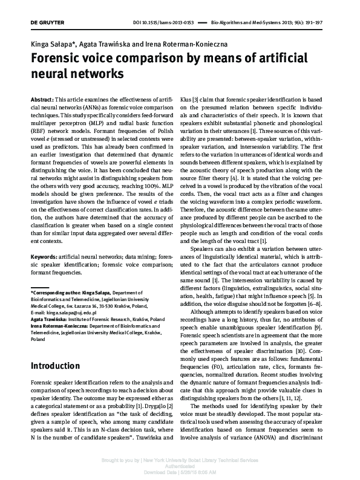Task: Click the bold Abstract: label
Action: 42,98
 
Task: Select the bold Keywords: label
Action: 46,258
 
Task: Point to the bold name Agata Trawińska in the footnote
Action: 49,319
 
